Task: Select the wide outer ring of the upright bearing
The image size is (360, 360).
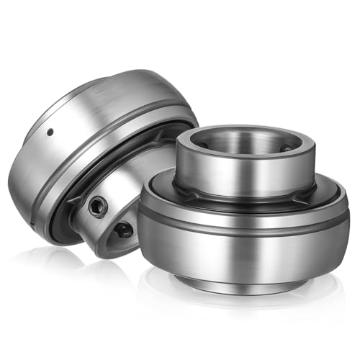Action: pos(245,248)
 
